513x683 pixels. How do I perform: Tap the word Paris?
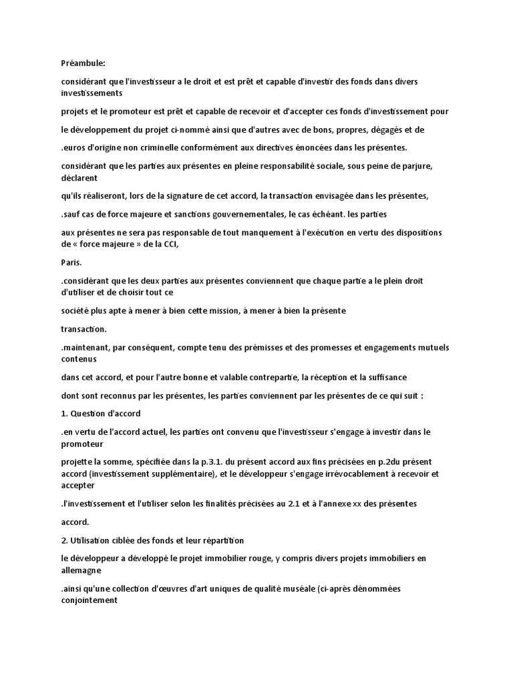click(x=71, y=262)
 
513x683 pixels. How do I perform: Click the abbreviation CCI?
click(x=168, y=244)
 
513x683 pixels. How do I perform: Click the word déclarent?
click(x=79, y=178)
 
